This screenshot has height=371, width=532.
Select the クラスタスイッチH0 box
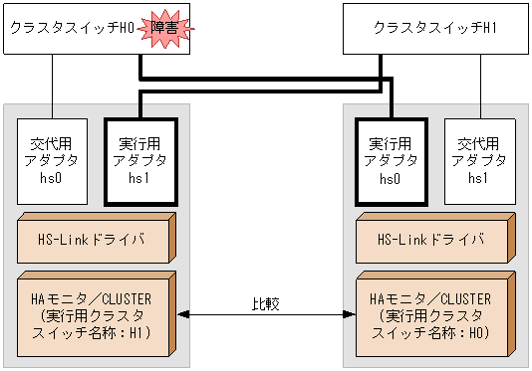click(70, 29)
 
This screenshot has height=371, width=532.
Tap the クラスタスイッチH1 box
click(434, 29)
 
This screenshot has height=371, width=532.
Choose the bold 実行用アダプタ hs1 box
click(139, 159)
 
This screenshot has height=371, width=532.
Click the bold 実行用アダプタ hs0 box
click(391, 159)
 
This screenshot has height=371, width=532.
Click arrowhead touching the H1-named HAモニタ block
click(183, 314)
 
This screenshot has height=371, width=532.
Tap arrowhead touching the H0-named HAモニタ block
click(349, 314)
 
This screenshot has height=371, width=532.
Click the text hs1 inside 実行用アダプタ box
click(139, 179)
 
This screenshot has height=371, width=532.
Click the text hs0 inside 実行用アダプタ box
click(391, 179)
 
